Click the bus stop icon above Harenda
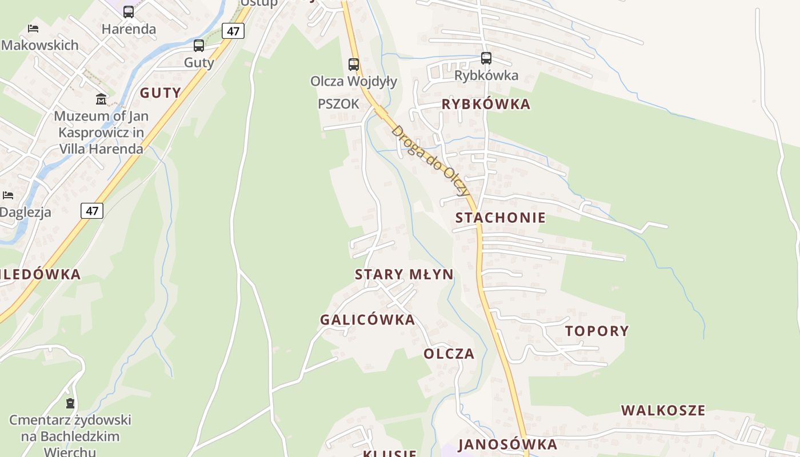click(129, 11)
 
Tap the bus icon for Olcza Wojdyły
click(354, 64)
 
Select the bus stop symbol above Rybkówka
click(486, 58)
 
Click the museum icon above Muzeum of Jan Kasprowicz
click(101, 99)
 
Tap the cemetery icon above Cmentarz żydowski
click(70, 403)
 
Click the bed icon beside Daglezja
click(8, 195)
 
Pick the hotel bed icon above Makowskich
click(33, 28)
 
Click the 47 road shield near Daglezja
click(92, 210)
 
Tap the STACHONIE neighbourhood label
click(501, 218)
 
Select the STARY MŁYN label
click(404, 274)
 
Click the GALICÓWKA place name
click(367, 320)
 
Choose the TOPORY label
click(597, 331)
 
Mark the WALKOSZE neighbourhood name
click(663, 410)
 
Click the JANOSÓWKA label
click(507, 444)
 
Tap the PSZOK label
click(338, 104)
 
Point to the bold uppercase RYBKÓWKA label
click(486, 105)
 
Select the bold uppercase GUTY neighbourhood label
click(160, 93)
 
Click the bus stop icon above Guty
click(199, 46)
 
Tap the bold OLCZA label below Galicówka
click(449, 354)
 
